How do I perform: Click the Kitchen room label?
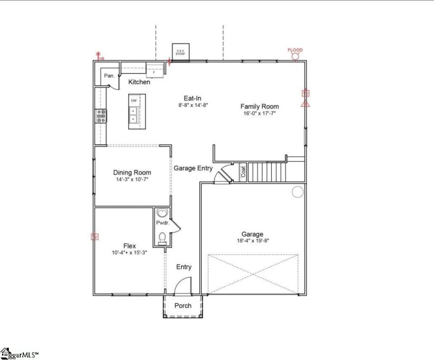tap(139, 82)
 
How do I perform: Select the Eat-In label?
tap(193, 98)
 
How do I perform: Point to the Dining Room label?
tap(132, 172)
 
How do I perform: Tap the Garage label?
tap(253, 234)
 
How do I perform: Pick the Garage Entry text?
tap(193, 168)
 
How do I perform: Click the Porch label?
tap(183, 306)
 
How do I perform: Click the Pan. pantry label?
tap(108, 76)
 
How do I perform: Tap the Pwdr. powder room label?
tap(163, 223)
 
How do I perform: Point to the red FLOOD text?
tap(295, 50)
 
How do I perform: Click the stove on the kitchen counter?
tap(101, 115)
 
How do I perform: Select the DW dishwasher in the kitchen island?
tap(133, 100)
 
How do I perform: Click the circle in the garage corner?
tap(297, 191)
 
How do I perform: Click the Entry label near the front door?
tap(183, 267)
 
